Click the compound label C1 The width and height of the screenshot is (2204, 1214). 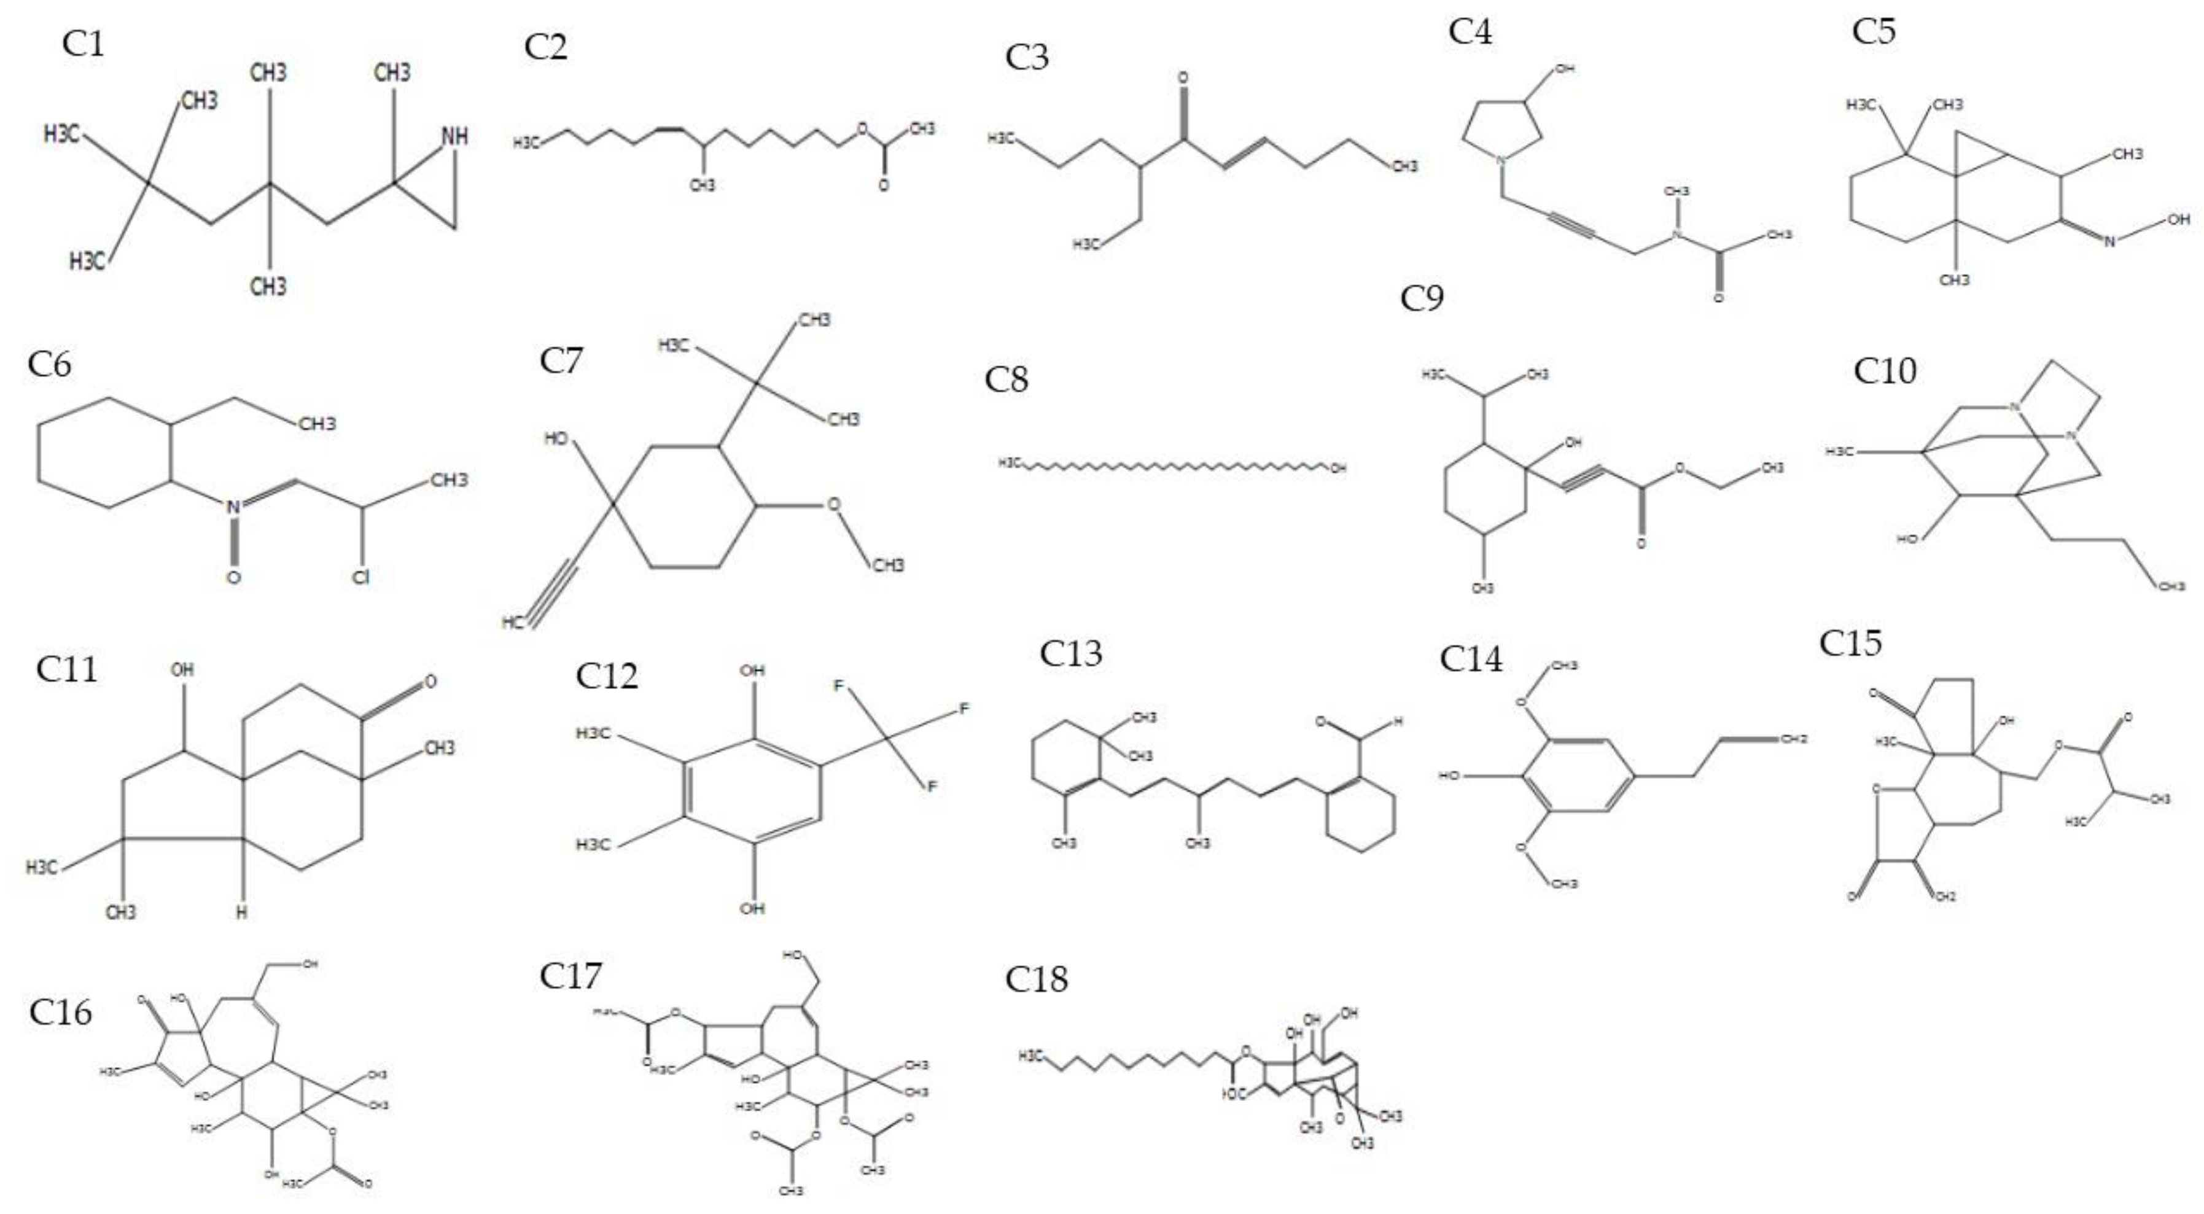pyautogui.click(x=83, y=43)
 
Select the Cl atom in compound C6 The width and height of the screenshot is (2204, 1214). pyautogui.click(x=361, y=577)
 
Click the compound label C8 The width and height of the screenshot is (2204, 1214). pyautogui.click(x=1006, y=379)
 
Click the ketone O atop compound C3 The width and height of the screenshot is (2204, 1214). pyautogui.click(x=1183, y=78)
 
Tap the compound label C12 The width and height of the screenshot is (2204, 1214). pyautogui.click(x=607, y=676)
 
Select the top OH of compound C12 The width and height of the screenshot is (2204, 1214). pyautogui.click(x=752, y=671)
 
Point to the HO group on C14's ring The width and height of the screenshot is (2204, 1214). pyautogui.click(x=1449, y=776)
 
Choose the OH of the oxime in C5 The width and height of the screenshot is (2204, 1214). pyautogui.click(x=2178, y=220)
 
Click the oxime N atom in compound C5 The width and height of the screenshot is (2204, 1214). pyautogui.click(x=2110, y=241)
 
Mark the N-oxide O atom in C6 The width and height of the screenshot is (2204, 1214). pyautogui.click(x=233, y=577)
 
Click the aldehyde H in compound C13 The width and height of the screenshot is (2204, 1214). pyautogui.click(x=1397, y=721)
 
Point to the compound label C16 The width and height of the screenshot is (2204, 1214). pyautogui.click(x=60, y=1011)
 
